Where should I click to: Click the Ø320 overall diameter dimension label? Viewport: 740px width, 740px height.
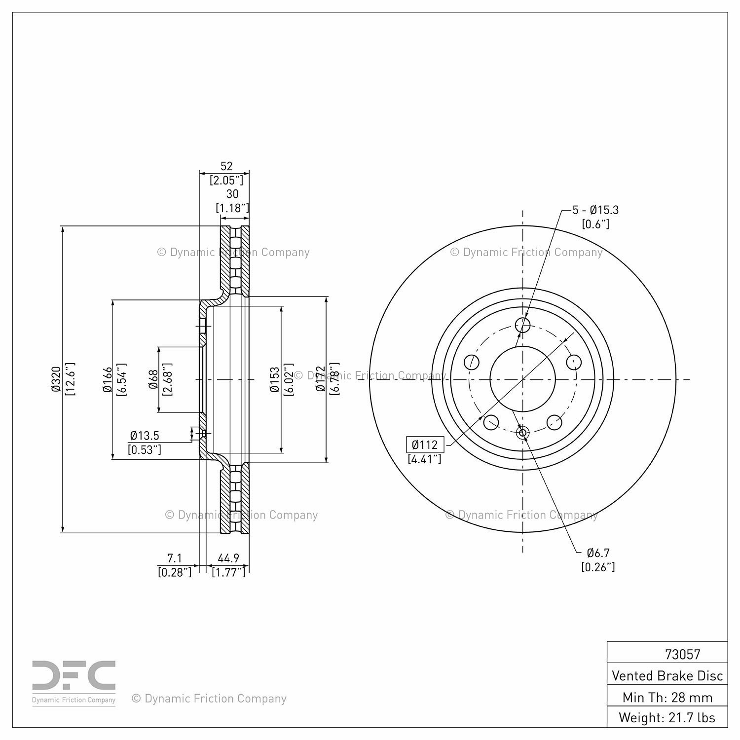tap(55, 379)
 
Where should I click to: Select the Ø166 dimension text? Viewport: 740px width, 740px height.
tap(107, 379)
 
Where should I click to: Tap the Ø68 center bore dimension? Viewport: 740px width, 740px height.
tap(153, 379)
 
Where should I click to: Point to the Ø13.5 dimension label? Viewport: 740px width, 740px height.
tap(145, 436)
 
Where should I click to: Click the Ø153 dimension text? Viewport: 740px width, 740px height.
tap(275, 379)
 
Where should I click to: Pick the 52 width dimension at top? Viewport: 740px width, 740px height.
tap(226, 166)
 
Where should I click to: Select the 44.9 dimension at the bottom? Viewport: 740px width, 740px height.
tap(228, 558)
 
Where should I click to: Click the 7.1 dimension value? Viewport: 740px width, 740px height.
tap(175, 558)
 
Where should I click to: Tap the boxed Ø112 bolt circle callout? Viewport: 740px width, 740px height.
tap(425, 444)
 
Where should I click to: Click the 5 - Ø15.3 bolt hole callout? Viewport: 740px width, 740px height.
tap(595, 210)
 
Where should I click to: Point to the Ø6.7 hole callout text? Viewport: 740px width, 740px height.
tap(598, 553)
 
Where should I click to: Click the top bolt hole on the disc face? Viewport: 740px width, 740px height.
tap(522, 325)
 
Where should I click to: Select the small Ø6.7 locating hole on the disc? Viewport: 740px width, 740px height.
tap(522, 433)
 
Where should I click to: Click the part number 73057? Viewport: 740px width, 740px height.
tap(683, 654)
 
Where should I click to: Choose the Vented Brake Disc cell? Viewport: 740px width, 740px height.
tap(667, 675)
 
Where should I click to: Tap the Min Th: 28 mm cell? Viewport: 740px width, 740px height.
tap(667, 697)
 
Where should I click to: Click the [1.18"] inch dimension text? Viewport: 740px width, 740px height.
tap(232, 208)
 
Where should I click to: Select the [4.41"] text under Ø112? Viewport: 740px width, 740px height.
tap(425, 459)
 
